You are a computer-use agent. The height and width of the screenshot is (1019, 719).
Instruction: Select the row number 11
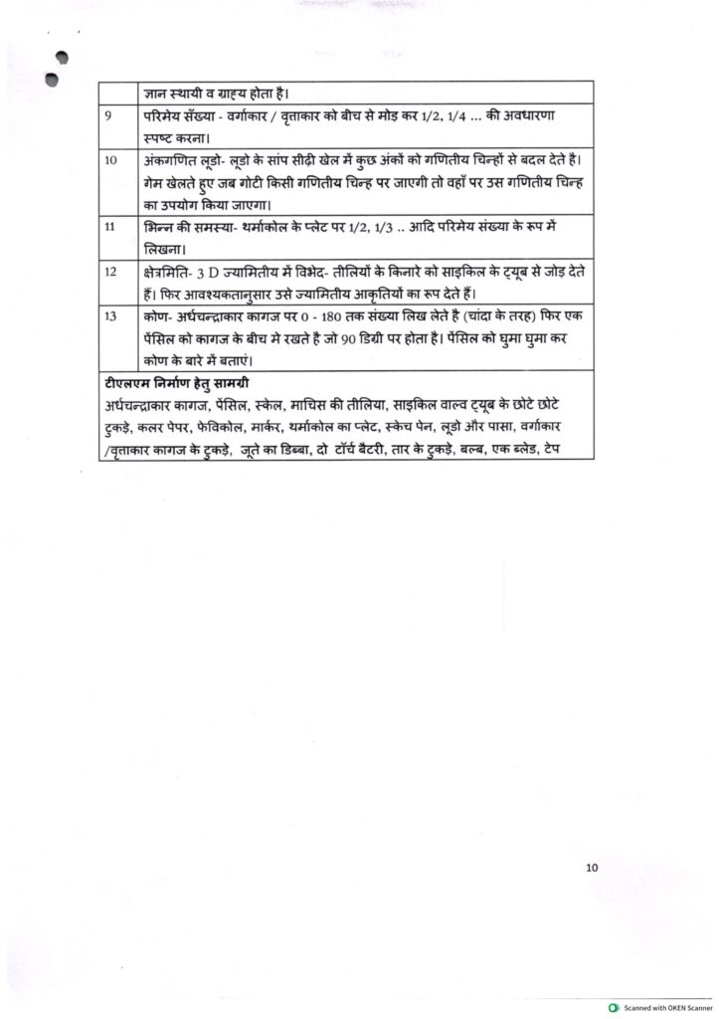pos(109,227)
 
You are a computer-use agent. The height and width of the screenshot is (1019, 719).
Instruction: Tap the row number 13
pos(109,314)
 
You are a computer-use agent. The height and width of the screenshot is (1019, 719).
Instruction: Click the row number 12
pos(109,271)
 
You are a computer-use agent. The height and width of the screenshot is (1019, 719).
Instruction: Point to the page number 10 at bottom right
pos(592,868)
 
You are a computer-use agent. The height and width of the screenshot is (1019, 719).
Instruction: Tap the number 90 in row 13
pos(379,336)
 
